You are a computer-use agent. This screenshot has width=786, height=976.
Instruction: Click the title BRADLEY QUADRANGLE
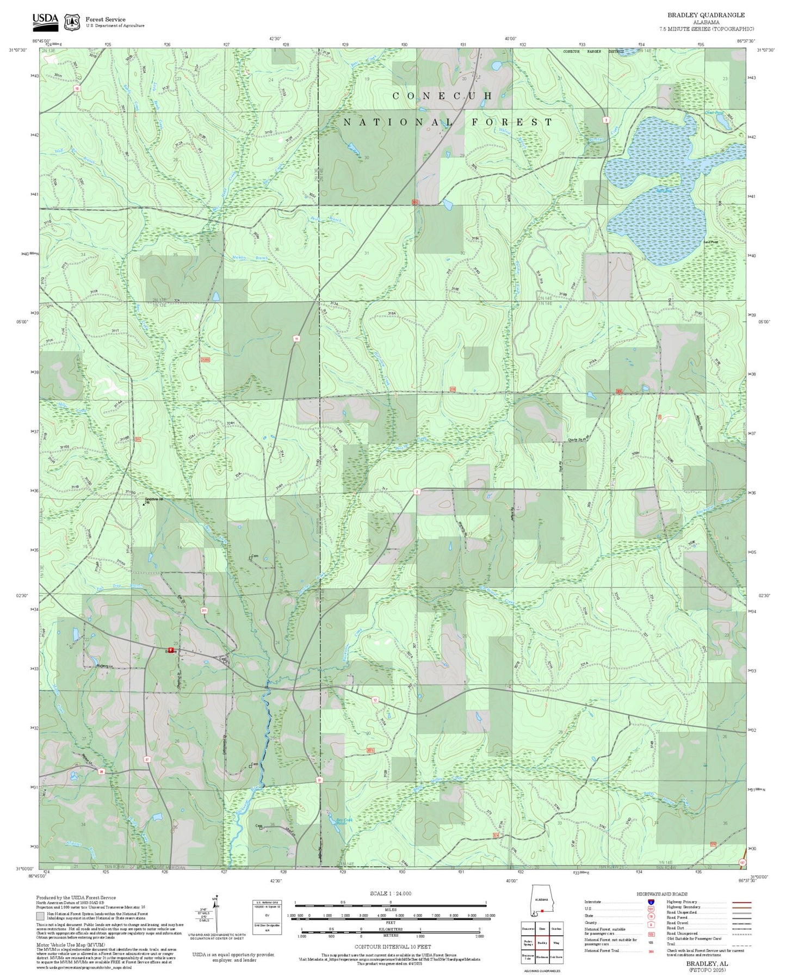(x=706, y=15)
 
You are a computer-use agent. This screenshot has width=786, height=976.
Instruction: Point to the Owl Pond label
(x=715, y=113)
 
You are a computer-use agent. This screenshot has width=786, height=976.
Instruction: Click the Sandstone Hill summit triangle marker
(x=144, y=504)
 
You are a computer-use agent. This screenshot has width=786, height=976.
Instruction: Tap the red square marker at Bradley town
(x=171, y=650)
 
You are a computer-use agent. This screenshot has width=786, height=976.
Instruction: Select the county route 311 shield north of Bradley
(x=204, y=611)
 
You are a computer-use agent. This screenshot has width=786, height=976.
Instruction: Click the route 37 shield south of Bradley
(x=147, y=759)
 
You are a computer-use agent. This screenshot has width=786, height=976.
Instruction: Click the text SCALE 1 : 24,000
(x=390, y=893)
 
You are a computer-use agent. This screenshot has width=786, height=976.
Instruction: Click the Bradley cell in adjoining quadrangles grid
(x=542, y=942)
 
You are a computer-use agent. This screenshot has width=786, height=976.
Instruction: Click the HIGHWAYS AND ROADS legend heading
(x=661, y=894)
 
